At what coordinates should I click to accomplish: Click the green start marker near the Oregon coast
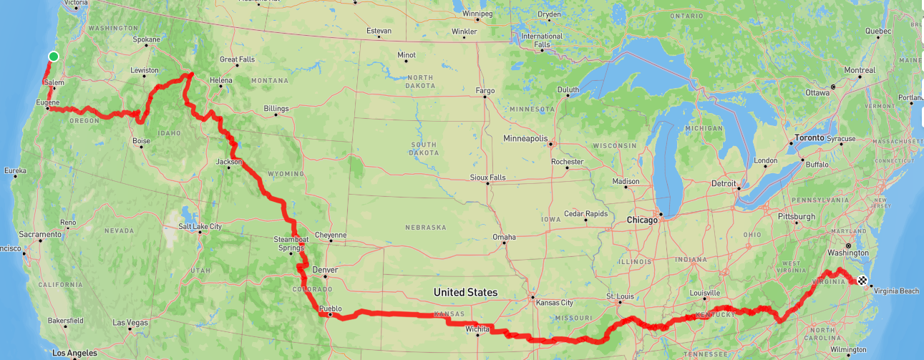click(53, 57)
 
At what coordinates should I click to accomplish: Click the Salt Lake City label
click(200, 227)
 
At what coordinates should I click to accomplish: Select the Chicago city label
click(642, 220)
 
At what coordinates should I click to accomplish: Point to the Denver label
click(325, 270)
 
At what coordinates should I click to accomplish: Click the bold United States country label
click(465, 293)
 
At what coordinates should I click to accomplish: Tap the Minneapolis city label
click(525, 138)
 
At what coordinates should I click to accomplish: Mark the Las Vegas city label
click(130, 323)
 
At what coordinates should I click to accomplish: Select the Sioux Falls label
click(487, 177)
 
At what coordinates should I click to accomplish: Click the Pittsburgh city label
click(797, 216)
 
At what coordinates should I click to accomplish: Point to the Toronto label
click(809, 138)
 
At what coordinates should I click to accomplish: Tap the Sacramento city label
click(40, 235)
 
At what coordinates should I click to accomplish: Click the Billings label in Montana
click(276, 109)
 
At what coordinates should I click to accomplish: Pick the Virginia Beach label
click(895, 291)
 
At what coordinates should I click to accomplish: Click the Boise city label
click(141, 141)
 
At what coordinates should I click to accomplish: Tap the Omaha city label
click(504, 237)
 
